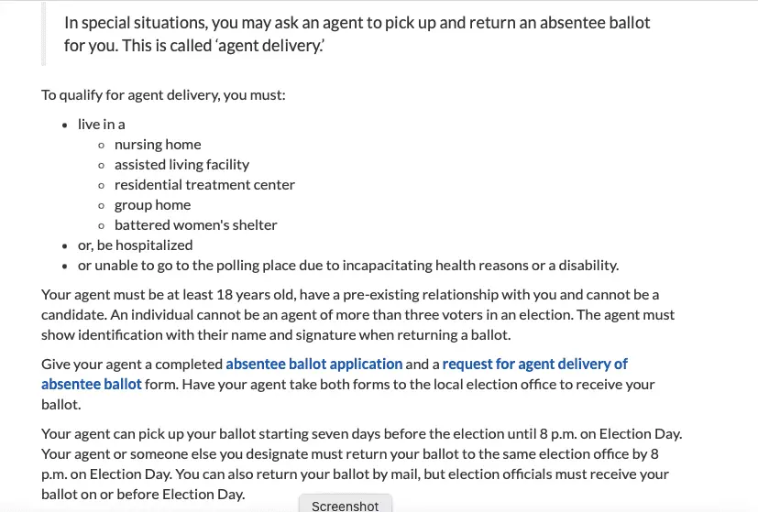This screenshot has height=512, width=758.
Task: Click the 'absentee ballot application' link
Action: point(314,364)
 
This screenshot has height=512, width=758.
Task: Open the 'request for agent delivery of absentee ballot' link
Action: point(534,364)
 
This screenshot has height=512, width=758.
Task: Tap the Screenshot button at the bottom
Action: point(345,505)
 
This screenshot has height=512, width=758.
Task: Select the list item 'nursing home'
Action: point(158,144)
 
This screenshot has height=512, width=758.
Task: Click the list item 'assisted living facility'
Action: point(181,164)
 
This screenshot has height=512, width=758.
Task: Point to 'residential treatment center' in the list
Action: point(204,184)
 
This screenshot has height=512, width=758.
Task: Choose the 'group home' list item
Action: point(152,204)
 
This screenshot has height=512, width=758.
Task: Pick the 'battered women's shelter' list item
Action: point(195,224)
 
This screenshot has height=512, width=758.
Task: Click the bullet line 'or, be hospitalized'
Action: point(135,245)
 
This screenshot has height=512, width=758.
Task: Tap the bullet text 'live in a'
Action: point(101,124)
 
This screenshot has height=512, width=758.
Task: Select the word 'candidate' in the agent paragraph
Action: point(72,314)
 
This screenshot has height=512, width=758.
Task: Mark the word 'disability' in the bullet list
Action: point(588,266)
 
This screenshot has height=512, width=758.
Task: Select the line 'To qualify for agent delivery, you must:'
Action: point(164,94)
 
